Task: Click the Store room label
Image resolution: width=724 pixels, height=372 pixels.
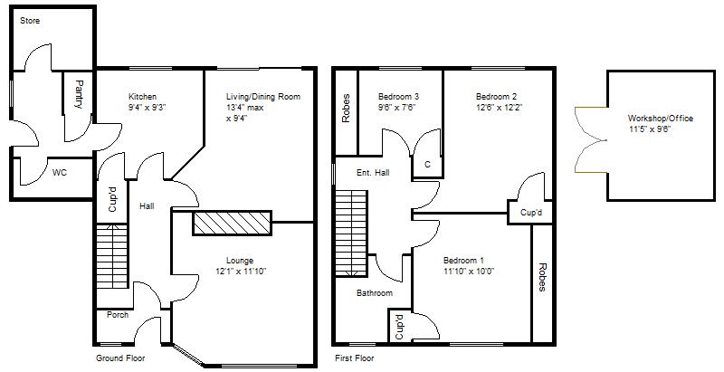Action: (30, 19)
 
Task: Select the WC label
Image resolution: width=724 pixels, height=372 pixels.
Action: (60, 172)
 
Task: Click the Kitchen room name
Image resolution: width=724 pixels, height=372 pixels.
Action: (142, 97)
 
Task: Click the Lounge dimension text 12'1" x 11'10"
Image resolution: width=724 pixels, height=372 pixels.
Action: (240, 271)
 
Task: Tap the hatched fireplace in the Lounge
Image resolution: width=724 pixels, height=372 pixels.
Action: (232, 223)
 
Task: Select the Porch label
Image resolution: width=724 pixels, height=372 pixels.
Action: (118, 315)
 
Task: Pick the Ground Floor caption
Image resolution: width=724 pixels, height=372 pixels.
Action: (121, 358)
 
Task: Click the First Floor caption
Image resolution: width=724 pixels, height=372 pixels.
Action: (355, 358)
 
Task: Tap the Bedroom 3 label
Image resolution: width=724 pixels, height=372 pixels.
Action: (397, 97)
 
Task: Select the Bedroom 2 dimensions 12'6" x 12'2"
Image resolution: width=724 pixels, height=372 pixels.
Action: (497, 108)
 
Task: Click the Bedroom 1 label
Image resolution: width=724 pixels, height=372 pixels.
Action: (463, 260)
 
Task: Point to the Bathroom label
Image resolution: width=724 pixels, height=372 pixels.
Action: (374, 293)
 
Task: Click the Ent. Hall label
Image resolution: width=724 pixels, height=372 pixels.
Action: (372, 172)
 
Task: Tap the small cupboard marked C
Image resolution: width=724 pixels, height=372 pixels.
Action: (427, 165)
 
